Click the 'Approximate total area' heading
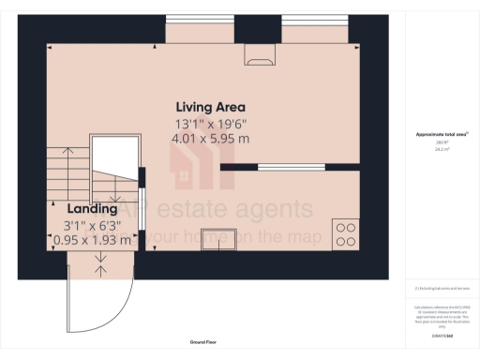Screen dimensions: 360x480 (x=442, y=135)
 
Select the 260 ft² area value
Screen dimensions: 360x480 (x=442, y=142)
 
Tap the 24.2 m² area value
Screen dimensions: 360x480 (x=442, y=148)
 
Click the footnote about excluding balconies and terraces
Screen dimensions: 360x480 (x=442, y=288)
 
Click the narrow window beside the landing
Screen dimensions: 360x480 (x=141, y=197)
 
